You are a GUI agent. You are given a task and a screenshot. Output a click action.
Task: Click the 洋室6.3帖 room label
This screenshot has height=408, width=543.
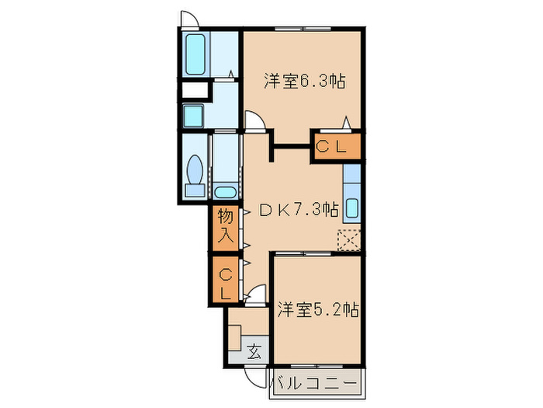304,81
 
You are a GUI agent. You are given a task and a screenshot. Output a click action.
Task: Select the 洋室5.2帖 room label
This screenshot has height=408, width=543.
317,309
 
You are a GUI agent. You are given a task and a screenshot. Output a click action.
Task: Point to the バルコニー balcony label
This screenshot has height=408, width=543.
315,385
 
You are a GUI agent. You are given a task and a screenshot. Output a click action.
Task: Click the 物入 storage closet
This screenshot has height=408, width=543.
225,225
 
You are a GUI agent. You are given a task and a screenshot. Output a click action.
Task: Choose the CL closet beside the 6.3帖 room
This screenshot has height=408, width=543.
337,147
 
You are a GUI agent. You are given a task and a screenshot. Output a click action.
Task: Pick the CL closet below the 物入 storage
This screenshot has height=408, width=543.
225,283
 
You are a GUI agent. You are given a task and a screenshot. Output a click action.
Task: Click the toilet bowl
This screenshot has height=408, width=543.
195,170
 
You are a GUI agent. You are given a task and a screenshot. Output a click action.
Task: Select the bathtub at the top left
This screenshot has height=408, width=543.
195,53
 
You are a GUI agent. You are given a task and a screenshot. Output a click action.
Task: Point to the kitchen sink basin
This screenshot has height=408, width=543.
351,208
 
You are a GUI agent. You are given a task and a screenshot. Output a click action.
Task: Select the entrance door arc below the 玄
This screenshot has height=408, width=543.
252,375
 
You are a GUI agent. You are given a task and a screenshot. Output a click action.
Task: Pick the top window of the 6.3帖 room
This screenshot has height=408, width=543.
303,30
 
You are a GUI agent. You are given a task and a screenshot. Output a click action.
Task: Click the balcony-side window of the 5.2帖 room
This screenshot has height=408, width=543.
315,364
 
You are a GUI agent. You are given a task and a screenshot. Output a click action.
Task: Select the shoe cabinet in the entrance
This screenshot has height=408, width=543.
235,339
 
